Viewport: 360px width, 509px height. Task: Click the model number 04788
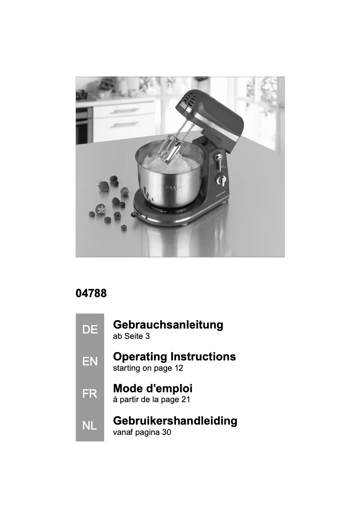[x=91, y=295]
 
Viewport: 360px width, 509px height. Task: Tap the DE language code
[x=90, y=330]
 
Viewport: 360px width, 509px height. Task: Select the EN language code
[x=90, y=362]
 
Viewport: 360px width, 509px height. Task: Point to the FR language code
[x=90, y=394]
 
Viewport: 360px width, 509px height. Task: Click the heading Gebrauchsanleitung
[x=168, y=325]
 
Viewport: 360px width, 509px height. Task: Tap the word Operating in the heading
[x=140, y=357]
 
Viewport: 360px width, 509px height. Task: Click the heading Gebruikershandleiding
[x=175, y=421]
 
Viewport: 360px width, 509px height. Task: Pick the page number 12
[x=179, y=369]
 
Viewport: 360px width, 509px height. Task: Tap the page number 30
[x=166, y=433]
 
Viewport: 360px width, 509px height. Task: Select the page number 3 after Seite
[x=147, y=336]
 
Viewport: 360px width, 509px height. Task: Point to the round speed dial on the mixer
[x=220, y=180]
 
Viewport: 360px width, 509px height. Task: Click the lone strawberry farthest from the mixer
[x=103, y=185]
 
